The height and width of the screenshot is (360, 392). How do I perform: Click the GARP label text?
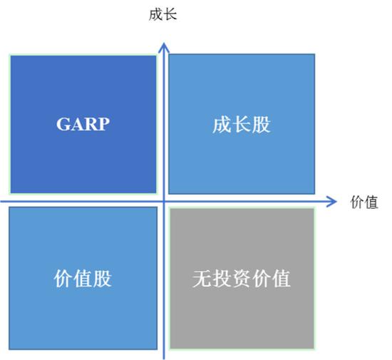point(83,124)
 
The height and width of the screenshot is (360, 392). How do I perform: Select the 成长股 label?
point(242,124)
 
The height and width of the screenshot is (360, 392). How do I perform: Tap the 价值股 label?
point(83,278)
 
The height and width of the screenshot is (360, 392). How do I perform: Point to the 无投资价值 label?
point(242,278)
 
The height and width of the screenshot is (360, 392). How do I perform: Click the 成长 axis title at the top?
point(163,14)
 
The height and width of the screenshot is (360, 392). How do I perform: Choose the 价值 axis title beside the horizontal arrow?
point(364,202)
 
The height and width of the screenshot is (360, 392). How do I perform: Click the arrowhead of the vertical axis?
point(164,48)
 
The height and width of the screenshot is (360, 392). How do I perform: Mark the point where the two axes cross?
point(164,201)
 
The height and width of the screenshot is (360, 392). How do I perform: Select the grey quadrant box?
point(242,278)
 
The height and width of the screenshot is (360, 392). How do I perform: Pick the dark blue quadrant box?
point(83,124)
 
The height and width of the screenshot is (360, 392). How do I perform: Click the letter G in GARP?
point(63,124)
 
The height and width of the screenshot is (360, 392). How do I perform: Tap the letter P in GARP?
point(103,124)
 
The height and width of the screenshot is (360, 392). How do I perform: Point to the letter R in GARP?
point(91,124)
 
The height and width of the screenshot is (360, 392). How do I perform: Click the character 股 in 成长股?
point(262,124)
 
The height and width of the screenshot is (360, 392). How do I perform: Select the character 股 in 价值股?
point(103,278)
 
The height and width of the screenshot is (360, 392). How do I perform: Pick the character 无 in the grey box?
point(202,278)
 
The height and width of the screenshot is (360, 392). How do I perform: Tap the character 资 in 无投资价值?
point(242,278)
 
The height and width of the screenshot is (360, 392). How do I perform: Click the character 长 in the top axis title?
point(170,14)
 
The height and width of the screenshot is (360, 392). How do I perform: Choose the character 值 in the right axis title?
point(371,202)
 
